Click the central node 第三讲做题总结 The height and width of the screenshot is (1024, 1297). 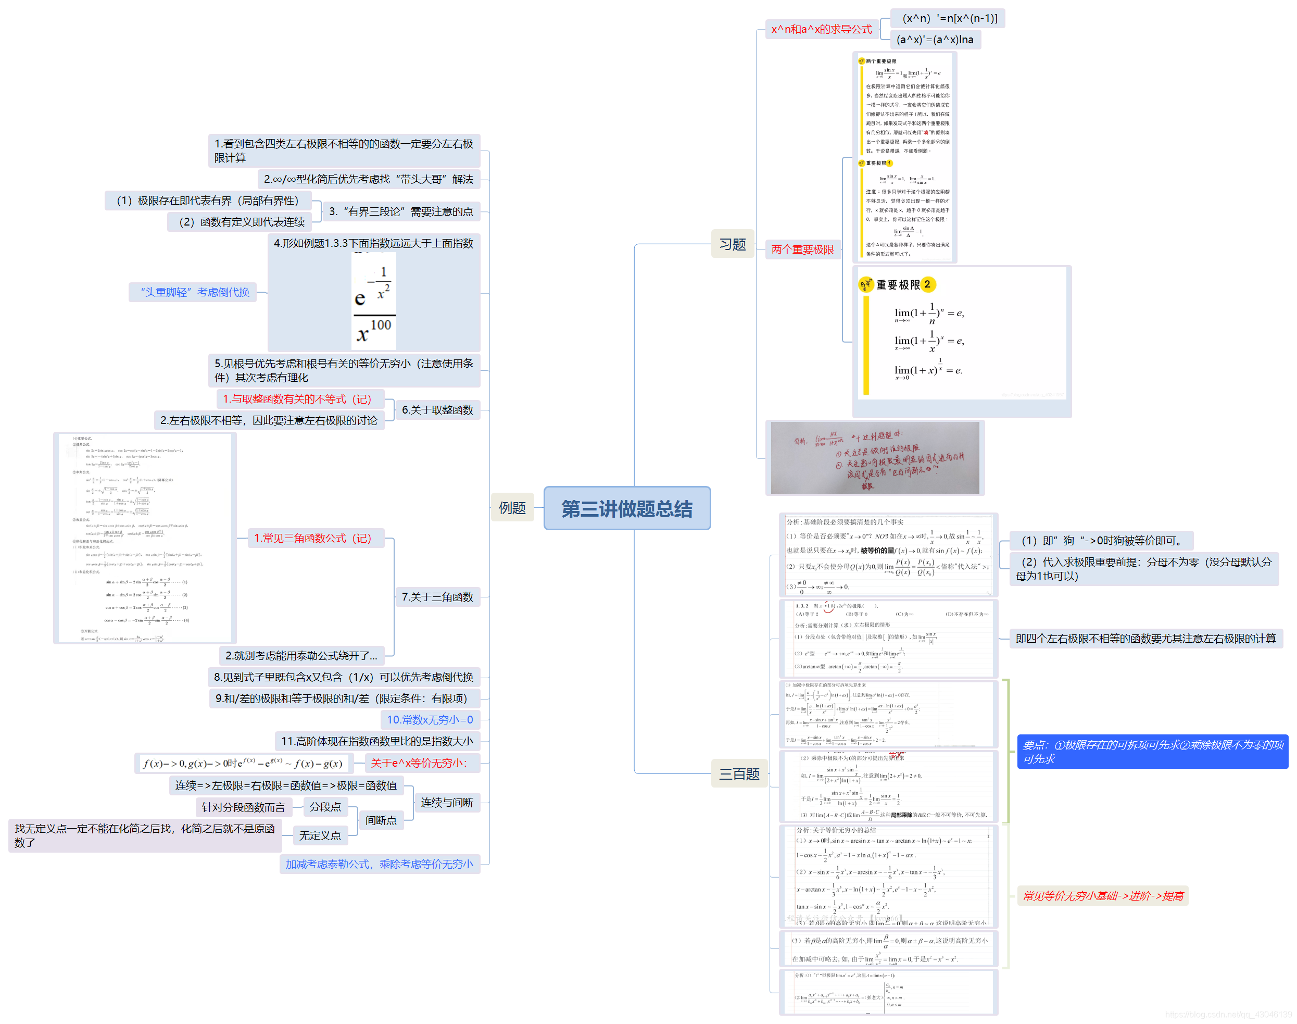pyautogui.click(x=626, y=508)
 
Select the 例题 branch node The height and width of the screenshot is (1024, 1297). pyautogui.click(x=512, y=508)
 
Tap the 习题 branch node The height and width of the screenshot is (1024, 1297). pyautogui.click(x=732, y=244)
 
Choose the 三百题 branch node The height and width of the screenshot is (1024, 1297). pyautogui.click(x=738, y=774)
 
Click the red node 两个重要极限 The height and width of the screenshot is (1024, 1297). pyautogui.click(x=802, y=249)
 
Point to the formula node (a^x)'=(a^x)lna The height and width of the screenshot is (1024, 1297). pyautogui.click(x=935, y=40)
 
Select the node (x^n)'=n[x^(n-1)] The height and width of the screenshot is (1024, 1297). pyautogui.click(x=949, y=18)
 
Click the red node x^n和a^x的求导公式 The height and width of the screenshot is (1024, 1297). pyautogui.click(x=821, y=29)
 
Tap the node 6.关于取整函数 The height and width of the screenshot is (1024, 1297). pyautogui.click(x=437, y=410)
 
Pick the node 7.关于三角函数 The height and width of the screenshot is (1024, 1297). pyautogui.click(x=437, y=597)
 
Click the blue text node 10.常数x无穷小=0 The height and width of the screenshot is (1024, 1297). pyautogui.click(x=430, y=719)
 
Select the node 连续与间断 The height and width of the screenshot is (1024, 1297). pyautogui.click(x=447, y=802)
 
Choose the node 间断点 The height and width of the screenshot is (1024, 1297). pyautogui.click(x=381, y=820)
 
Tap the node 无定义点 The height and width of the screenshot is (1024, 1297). pyautogui.click(x=320, y=835)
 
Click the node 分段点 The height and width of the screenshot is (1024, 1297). pyautogui.click(x=325, y=807)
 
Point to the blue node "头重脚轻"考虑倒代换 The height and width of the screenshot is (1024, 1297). pyautogui.click(x=195, y=292)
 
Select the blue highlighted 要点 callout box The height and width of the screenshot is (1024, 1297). pyautogui.click(x=1151, y=752)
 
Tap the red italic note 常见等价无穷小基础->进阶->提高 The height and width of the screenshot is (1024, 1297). pyautogui.click(x=1102, y=896)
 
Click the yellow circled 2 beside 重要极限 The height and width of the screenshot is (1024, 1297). pyautogui.click(x=927, y=284)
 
